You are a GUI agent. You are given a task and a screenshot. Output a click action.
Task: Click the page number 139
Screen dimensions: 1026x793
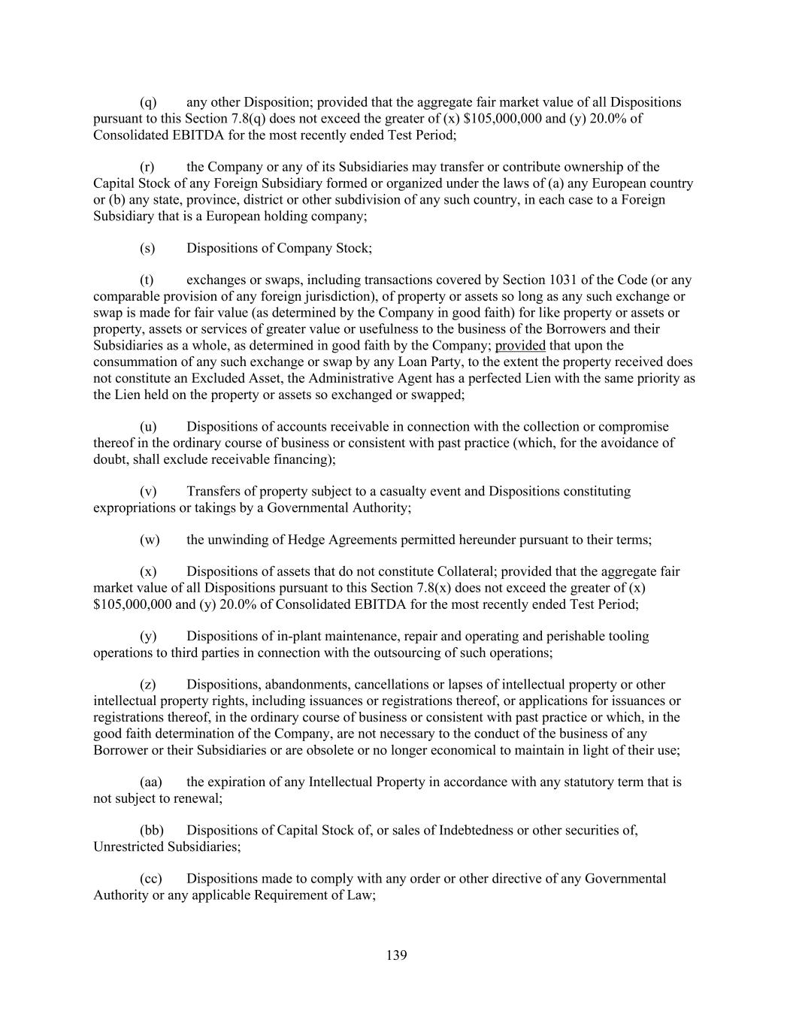click(397, 955)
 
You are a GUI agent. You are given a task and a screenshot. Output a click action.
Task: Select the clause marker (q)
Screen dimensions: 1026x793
click(148, 102)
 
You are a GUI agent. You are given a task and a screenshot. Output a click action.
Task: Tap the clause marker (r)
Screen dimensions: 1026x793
click(147, 167)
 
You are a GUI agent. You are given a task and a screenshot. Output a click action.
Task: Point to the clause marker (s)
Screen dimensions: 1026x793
click(147, 248)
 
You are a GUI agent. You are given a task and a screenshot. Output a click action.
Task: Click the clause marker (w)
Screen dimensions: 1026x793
click(150, 540)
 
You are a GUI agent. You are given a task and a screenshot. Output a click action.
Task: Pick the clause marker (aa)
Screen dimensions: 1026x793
click(150, 782)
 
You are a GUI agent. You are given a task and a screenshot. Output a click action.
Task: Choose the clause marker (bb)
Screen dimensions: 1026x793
click(151, 830)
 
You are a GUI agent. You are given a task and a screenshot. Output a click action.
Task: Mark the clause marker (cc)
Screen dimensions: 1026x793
click(150, 878)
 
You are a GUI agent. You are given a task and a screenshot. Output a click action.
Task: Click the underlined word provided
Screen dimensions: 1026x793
click(520, 346)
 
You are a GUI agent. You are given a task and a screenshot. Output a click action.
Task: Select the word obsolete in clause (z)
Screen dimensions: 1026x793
click(389, 750)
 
